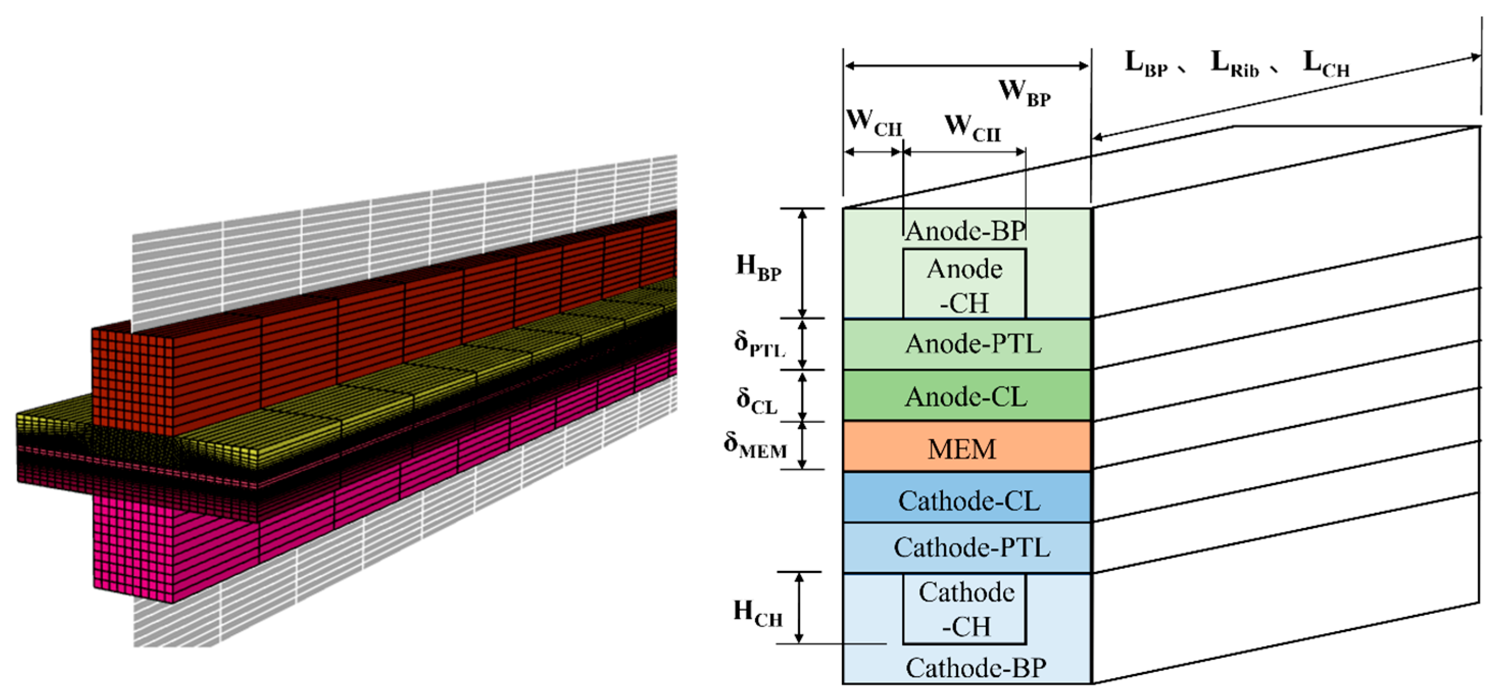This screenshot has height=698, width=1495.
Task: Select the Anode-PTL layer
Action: (967, 344)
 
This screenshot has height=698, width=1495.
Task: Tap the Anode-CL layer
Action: (967, 396)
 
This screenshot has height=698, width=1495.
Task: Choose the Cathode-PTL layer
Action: (967, 547)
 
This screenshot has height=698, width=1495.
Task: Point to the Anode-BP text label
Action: (966, 231)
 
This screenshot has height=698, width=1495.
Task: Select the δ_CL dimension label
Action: (757, 401)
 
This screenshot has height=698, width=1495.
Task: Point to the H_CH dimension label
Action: (757, 614)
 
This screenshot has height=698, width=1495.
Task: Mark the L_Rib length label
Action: (1235, 64)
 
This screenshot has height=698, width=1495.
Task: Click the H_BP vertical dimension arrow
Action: (803, 263)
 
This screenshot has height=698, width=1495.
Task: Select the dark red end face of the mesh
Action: (132, 380)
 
